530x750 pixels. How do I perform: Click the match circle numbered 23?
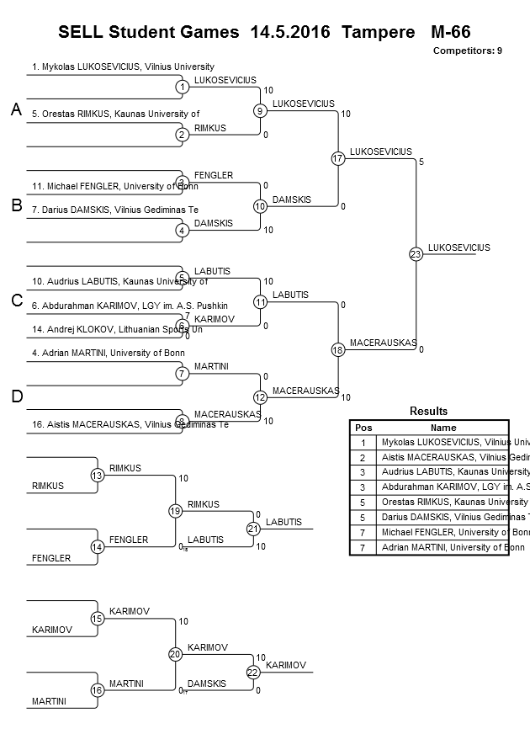415,254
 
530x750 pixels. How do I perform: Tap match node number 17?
338,158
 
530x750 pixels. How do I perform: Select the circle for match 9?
260,110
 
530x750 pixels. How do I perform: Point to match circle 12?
260,397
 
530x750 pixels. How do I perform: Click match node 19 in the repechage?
175,511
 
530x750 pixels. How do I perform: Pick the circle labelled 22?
253,672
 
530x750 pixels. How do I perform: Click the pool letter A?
16,110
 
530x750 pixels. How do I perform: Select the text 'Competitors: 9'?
467,51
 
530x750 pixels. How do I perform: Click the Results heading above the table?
428,411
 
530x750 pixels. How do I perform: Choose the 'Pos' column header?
363,428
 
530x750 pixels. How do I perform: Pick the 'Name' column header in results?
443,428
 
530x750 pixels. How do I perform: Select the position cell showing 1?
363,442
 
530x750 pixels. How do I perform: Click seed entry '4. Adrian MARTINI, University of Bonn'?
109,353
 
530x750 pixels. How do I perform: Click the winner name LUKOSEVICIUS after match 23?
458,247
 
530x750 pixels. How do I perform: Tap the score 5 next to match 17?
421,161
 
